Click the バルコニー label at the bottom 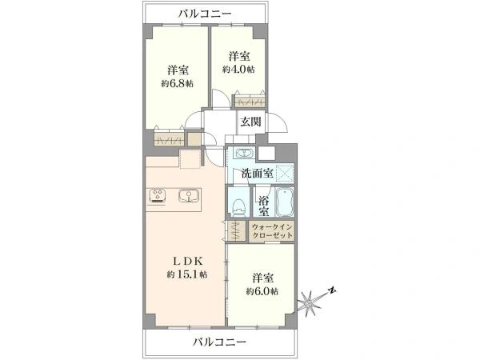pyautogui.click(x=219, y=342)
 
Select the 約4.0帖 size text pyautogui.click(x=238, y=70)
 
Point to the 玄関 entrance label pyautogui.click(x=250, y=122)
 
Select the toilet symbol pyautogui.click(x=238, y=206)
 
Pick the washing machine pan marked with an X pyautogui.click(x=282, y=173)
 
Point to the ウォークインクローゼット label pyautogui.click(x=273, y=233)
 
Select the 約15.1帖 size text pyautogui.click(x=186, y=274)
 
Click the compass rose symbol pyautogui.click(x=308, y=302)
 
